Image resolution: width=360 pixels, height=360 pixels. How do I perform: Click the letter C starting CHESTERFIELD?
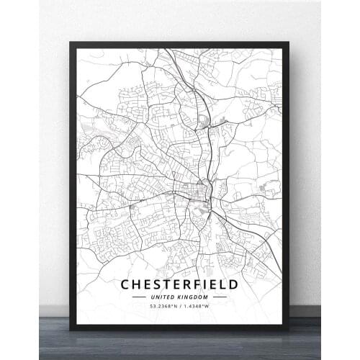click(x=126, y=284)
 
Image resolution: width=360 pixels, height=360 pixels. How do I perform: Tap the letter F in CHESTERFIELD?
click(x=191, y=284)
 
